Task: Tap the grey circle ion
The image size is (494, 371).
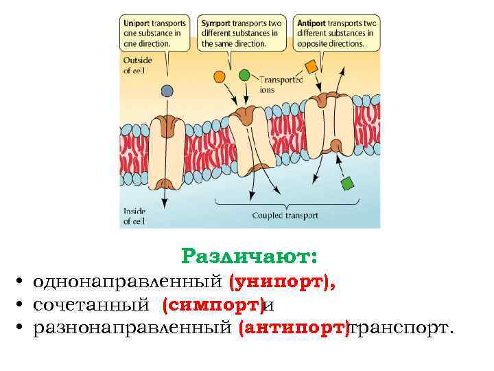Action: coord(167,90)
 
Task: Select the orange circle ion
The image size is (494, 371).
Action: coord(220,75)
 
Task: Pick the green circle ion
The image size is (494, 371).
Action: coord(244,74)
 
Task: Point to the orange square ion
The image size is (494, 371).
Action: coord(311,67)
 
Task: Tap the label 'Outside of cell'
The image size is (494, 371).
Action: coord(137,65)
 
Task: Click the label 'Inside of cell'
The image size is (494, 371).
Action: coord(134,216)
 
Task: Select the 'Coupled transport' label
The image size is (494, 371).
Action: coord(285,215)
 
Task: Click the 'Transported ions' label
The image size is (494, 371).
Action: coord(281,84)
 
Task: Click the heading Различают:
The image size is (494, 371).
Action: coord(249,257)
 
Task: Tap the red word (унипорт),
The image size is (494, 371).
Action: coord(283,281)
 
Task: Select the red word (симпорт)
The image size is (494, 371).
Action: coord(213,304)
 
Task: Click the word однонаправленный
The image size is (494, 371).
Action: coord(129,281)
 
